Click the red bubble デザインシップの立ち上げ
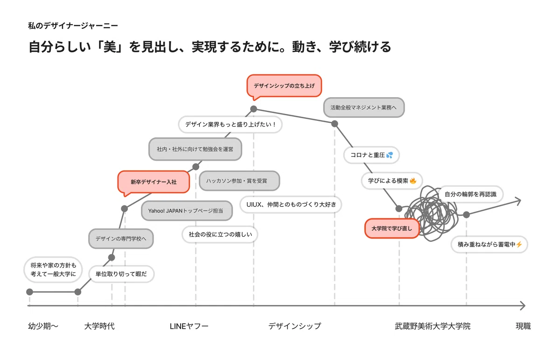point(284,86)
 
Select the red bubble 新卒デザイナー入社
point(154,182)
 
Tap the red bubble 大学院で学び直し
point(392,228)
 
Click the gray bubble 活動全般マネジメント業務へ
point(364,107)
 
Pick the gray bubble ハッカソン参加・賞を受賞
point(239,181)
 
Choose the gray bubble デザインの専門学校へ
point(121,239)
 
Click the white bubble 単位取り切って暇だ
point(121,274)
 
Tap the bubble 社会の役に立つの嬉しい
point(220,234)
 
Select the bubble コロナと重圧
point(371,155)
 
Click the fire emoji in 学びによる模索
point(413,181)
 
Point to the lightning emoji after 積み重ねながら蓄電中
point(519,244)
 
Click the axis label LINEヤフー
point(189,326)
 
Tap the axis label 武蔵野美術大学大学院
point(433,326)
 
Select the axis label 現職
point(523,326)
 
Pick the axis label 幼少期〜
point(43,326)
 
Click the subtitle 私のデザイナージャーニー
point(73,26)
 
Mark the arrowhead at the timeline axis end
point(523,305)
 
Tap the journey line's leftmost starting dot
point(29,292)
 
